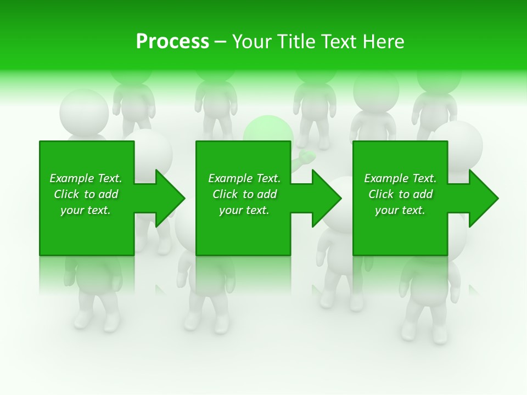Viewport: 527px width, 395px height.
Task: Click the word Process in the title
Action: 172,42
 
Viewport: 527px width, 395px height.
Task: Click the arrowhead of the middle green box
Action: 326,198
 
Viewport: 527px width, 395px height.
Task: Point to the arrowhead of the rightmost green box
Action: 483,198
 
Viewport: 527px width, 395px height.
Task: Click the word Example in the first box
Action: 72,178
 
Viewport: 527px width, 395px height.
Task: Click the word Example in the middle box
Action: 231,178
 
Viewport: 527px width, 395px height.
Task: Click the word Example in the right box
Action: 386,178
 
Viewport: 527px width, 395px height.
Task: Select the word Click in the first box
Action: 66,194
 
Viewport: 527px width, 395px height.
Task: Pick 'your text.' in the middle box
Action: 244,210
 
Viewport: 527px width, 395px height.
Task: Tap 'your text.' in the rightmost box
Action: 400,210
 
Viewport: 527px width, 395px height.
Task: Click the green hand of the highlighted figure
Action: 305,158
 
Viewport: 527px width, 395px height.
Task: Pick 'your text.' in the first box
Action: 85,210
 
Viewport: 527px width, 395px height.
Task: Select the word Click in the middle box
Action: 225,194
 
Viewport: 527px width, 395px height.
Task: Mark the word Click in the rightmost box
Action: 381,194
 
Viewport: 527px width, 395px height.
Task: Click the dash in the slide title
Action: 220,42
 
